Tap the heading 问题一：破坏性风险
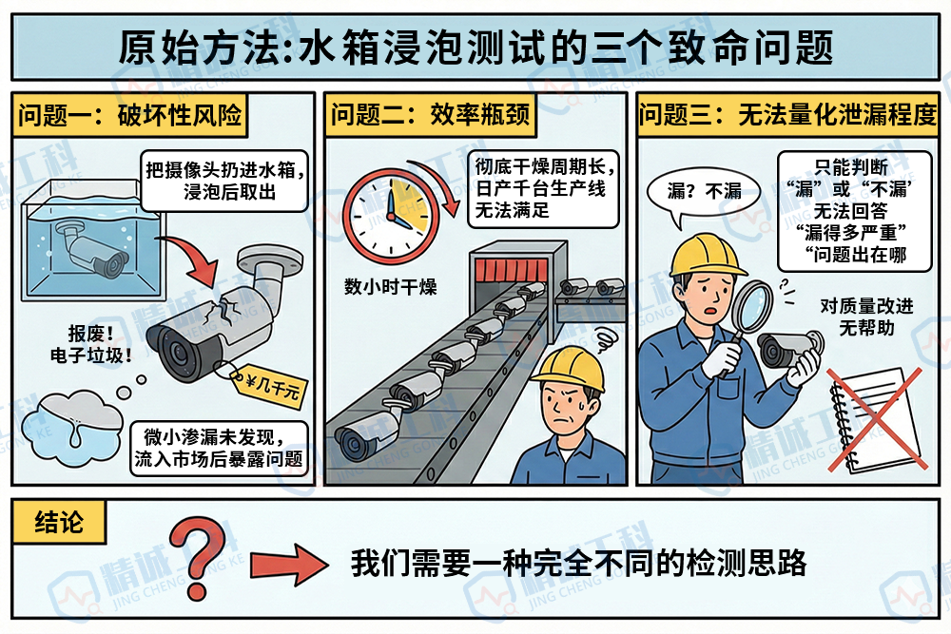(x=128, y=116)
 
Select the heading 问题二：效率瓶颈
(x=430, y=116)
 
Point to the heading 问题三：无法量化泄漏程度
(x=788, y=116)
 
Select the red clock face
(x=386, y=213)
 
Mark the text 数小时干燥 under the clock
(x=391, y=286)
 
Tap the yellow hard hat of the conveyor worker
(x=568, y=366)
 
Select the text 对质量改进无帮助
(x=864, y=317)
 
